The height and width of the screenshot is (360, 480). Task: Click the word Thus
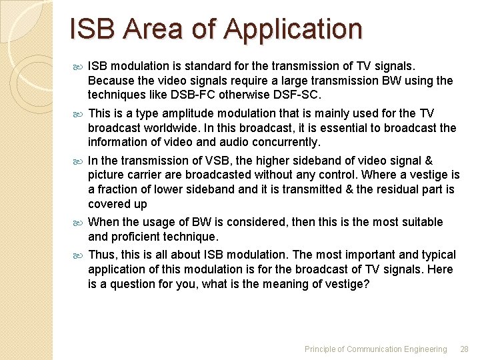(101, 255)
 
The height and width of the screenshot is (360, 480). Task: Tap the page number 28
(465, 349)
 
